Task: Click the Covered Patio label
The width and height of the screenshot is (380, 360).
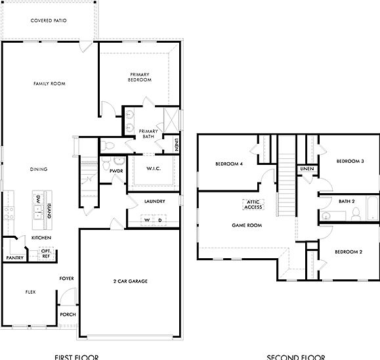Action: (49, 21)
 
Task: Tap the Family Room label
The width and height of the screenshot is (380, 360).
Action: (49, 83)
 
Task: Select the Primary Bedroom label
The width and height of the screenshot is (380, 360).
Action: (140, 78)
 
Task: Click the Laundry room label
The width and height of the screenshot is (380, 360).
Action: (154, 201)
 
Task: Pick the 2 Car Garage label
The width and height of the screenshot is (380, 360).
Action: (130, 281)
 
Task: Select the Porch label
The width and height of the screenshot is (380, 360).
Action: (68, 314)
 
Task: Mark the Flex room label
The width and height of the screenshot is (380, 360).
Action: (30, 291)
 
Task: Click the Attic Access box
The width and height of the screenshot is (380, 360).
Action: (253, 204)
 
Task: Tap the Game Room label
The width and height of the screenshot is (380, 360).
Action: (247, 225)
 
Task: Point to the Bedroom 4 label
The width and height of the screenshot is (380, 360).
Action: (230, 164)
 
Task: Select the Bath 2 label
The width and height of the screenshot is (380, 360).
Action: (347, 201)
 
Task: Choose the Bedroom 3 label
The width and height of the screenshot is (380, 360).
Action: (350, 161)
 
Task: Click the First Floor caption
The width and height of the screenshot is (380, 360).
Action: (77, 357)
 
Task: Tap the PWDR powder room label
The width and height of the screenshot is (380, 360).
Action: (117, 171)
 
